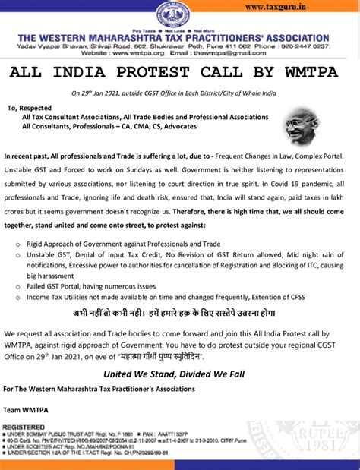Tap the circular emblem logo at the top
(x=173, y=14)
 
